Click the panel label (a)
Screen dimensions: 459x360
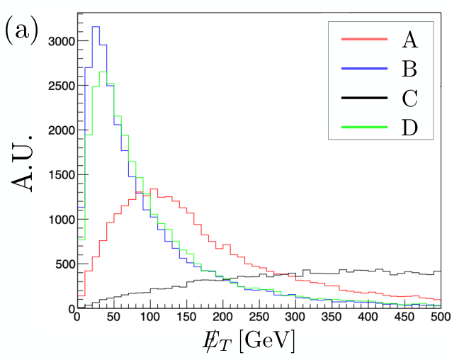tap(22, 30)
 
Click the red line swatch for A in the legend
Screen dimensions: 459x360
tap(365, 39)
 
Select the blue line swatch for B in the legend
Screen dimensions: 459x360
tap(365, 68)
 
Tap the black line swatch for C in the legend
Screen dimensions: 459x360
tap(365, 98)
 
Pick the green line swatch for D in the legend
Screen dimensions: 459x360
tap(365, 127)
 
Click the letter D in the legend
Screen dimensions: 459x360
tap(409, 127)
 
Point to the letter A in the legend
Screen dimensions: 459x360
tap(410, 39)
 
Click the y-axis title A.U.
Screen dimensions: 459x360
tap(22, 164)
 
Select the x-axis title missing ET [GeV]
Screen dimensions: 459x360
tap(248, 341)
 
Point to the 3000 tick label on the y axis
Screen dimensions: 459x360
tap(62, 41)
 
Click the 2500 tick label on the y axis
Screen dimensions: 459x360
tap(62, 86)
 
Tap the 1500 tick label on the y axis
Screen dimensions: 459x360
tap(62, 175)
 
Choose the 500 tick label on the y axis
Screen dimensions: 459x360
tap(65, 264)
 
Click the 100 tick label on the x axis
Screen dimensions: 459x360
tap(150, 317)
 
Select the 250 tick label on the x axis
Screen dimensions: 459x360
tap(259, 317)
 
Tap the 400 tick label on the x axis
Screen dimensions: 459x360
tap(368, 317)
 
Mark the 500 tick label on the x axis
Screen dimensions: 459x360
tap(441, 317)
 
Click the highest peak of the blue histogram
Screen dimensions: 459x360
tap(96, 27)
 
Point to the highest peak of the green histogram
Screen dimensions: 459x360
tap(103, 72)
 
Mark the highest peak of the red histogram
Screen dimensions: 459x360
tap(154, 189)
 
